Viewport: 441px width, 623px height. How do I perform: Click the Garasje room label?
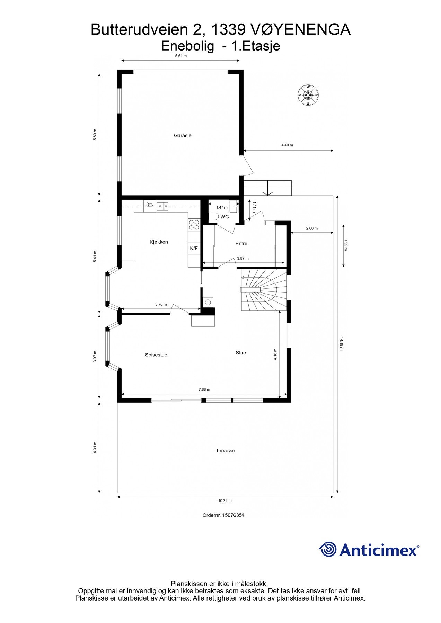pyautogui.click(x=183, y=135)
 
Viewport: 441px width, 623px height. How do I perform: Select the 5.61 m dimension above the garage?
pyautogui.click(x=181, y=56)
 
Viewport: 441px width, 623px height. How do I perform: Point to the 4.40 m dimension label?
pyautogui.click(x=287, y=145)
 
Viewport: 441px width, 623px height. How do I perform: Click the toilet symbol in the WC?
pyautogui.click(x=213, y=217)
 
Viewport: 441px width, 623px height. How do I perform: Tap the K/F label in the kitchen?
pyautogui.click(x=194, y=248)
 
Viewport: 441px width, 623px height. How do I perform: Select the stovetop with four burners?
pyautogui.click(x=194, y=225)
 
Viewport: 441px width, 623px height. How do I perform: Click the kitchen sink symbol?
pyautogui.click(x=162, y=206)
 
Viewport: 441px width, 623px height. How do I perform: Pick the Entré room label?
pyautogui.click(x=241, y=243)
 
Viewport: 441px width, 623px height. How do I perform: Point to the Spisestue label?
pyautogui.click(x=156, y=355)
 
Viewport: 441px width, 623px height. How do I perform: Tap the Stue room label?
pyautogui.click(x=241, y=353)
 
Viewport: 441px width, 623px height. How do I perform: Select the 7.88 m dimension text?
pyautogui.click(x=204, y=389)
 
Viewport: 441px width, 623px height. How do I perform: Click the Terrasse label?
pyautogui.click(x=225, y=451)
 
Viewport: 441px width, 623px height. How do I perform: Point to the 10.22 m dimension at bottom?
pyautogui.click(x=225, y=500)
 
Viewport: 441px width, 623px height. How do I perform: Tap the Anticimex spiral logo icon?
pyautogui.click(x=328, y=550)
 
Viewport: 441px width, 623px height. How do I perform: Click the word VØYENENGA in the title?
pyautogui.click(x=300, y=30)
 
